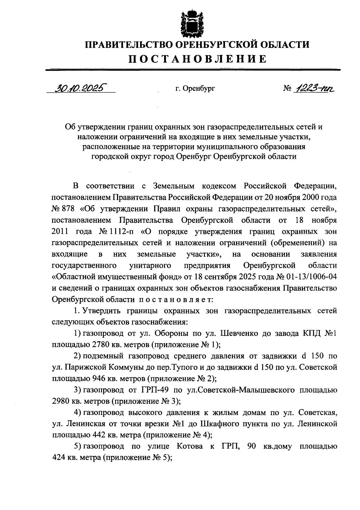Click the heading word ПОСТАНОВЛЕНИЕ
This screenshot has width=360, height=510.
[197, 59]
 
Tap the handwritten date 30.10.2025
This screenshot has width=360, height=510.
[81, 88]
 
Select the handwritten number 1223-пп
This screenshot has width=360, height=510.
[315, 88]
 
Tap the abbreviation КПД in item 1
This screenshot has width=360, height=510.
[312, 333]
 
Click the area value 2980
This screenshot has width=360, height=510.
[61, 401]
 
